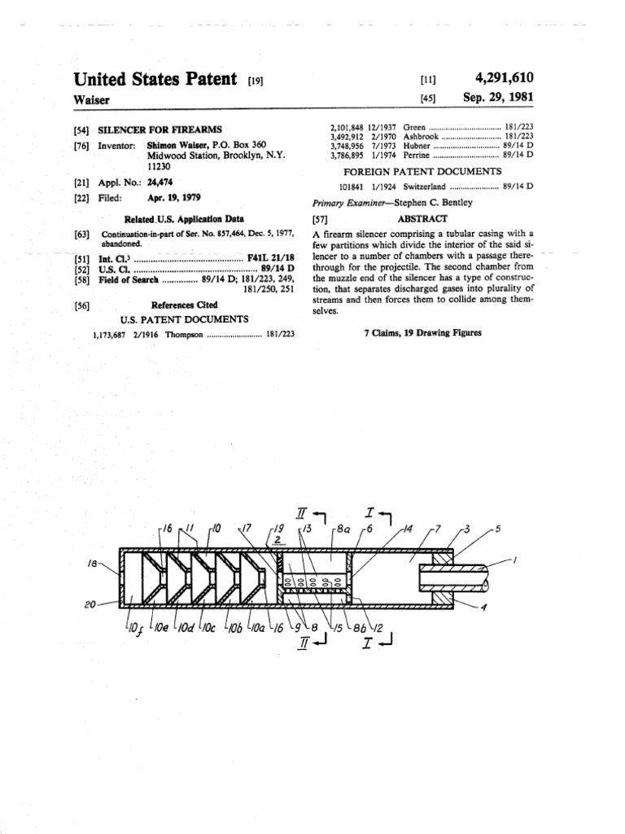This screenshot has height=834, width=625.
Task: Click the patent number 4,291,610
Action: pos(504,78)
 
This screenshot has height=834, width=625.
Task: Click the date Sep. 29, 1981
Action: pos(498,97)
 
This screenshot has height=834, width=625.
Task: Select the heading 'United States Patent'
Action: pos(155,79)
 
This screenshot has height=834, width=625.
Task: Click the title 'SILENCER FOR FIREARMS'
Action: pos(160,129)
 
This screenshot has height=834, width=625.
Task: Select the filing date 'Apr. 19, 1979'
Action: pos(173,198)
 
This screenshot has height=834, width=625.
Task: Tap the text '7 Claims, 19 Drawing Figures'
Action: pos(422,333)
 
